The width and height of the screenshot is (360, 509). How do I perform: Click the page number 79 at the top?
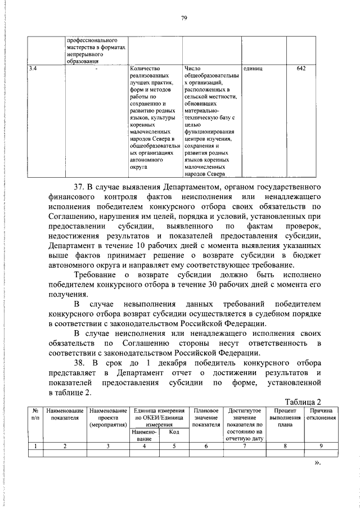(x=184, y=19)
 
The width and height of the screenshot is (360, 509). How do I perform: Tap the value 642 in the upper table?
(x=301, y=69)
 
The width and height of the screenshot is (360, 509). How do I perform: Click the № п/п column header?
(x=35, y=415)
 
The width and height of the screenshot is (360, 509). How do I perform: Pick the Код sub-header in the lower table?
(x=174, y=432)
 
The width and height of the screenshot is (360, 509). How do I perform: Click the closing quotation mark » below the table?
(x=317, y=463)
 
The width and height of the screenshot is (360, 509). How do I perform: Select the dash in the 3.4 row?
(x=96, y=69)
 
